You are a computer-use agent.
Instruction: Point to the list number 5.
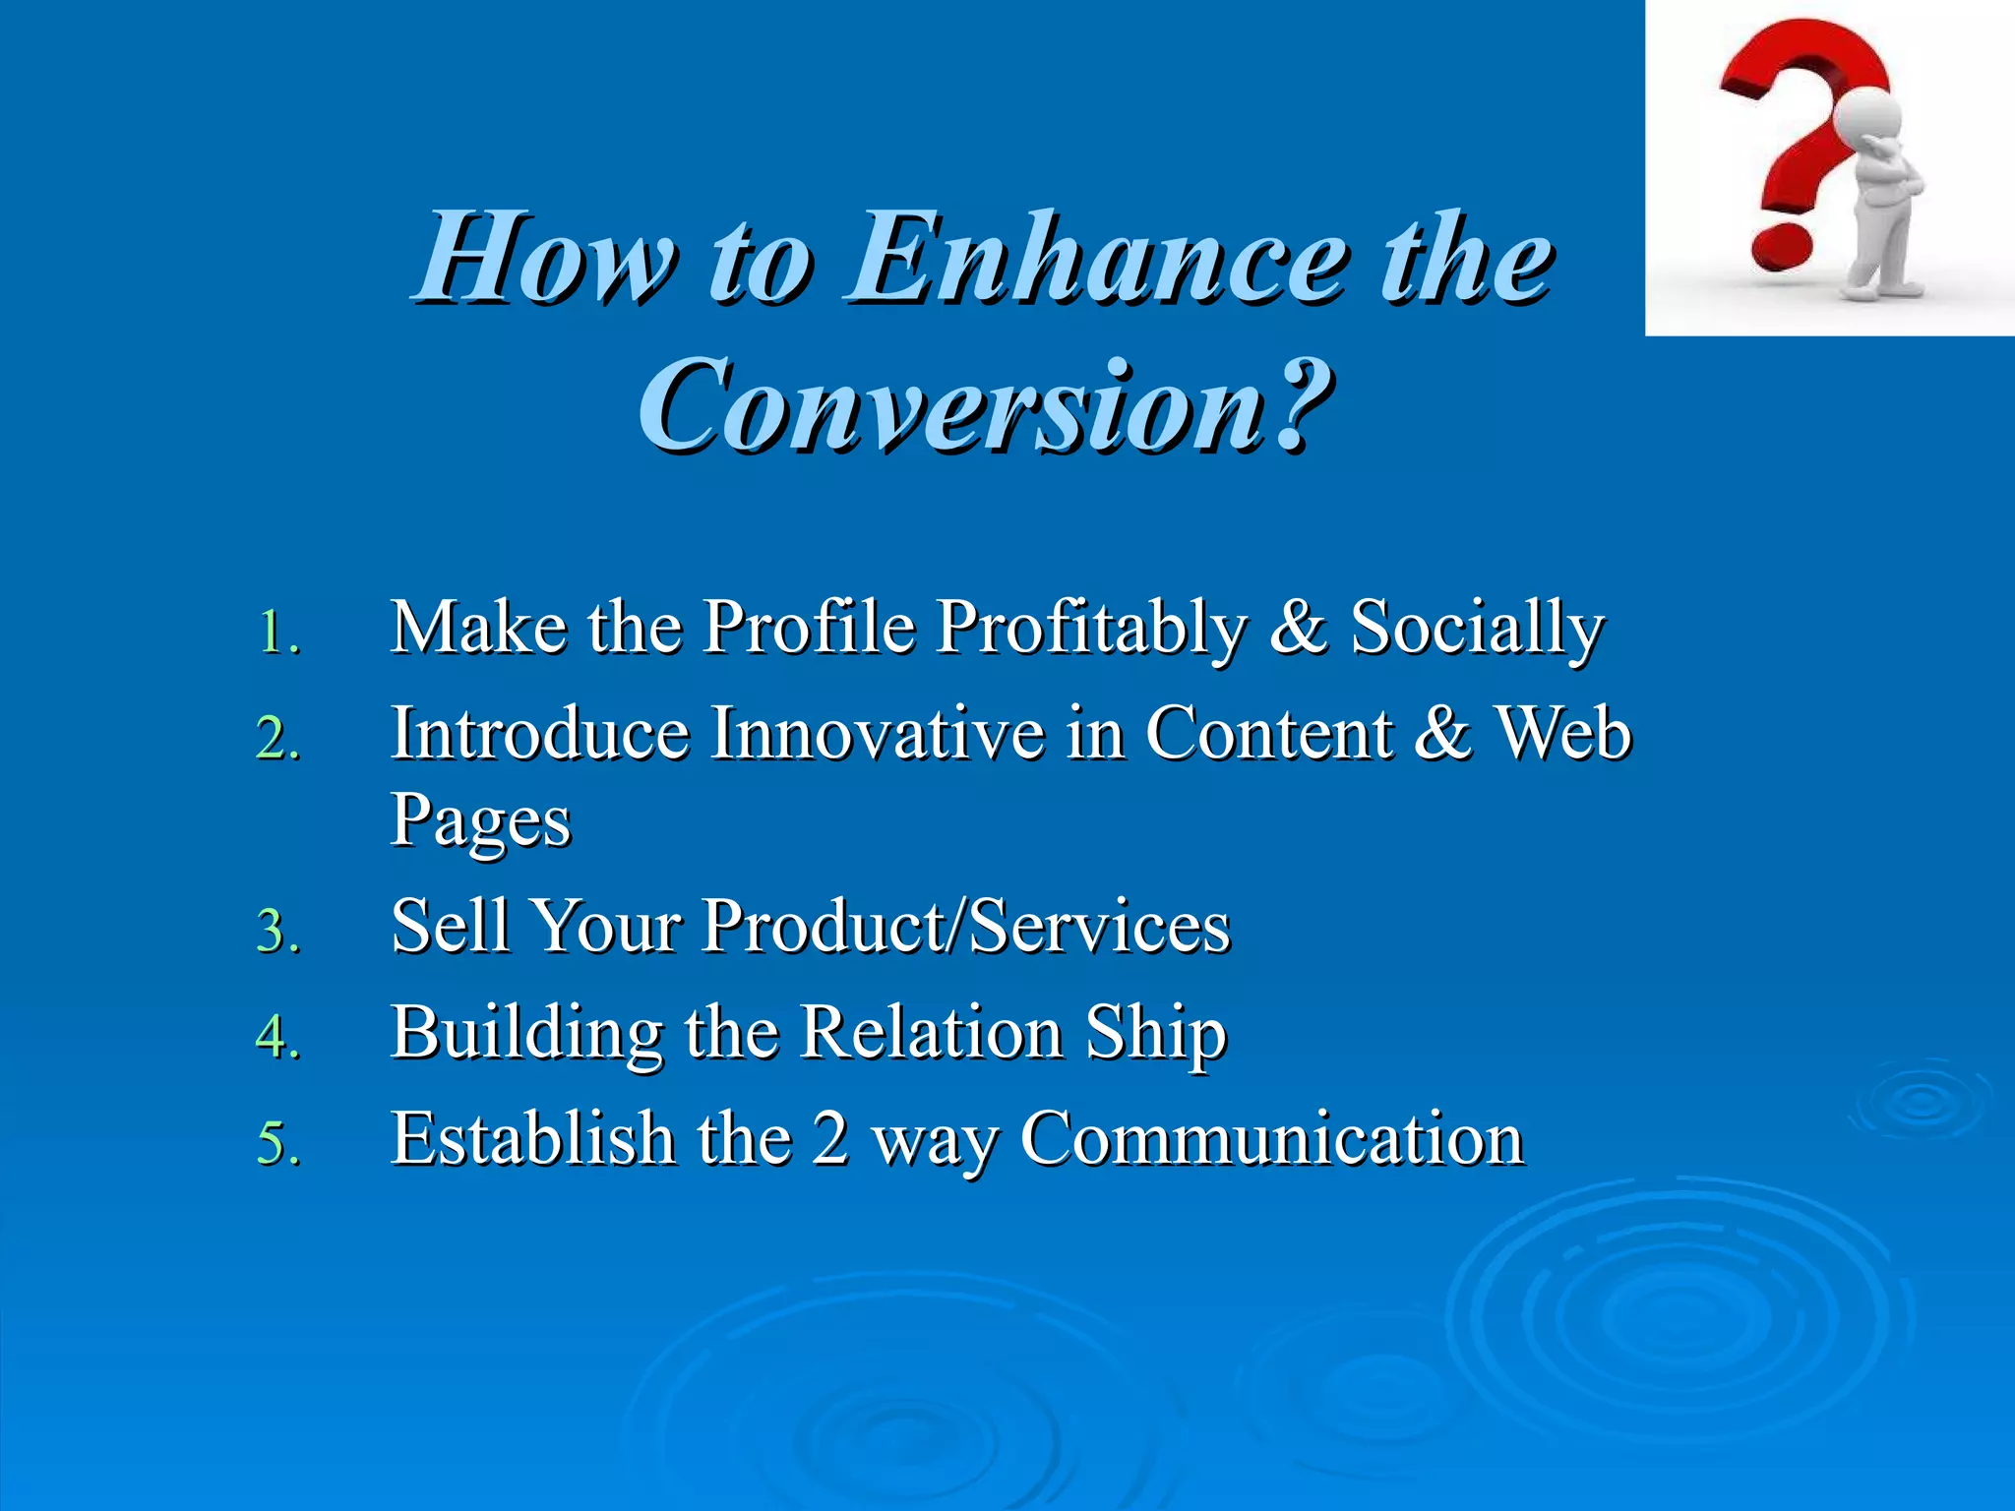(x=277, y=1143)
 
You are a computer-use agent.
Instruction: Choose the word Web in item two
(x=1563, y=734)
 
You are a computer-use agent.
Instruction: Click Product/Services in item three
(x=965, y=927)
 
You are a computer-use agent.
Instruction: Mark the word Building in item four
(x=526, y=1033)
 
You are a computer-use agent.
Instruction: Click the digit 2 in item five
(x=830, y=1139)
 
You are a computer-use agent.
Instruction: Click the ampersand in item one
(x=1298, y=628)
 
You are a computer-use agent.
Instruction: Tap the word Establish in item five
(x=532, y=1139)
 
